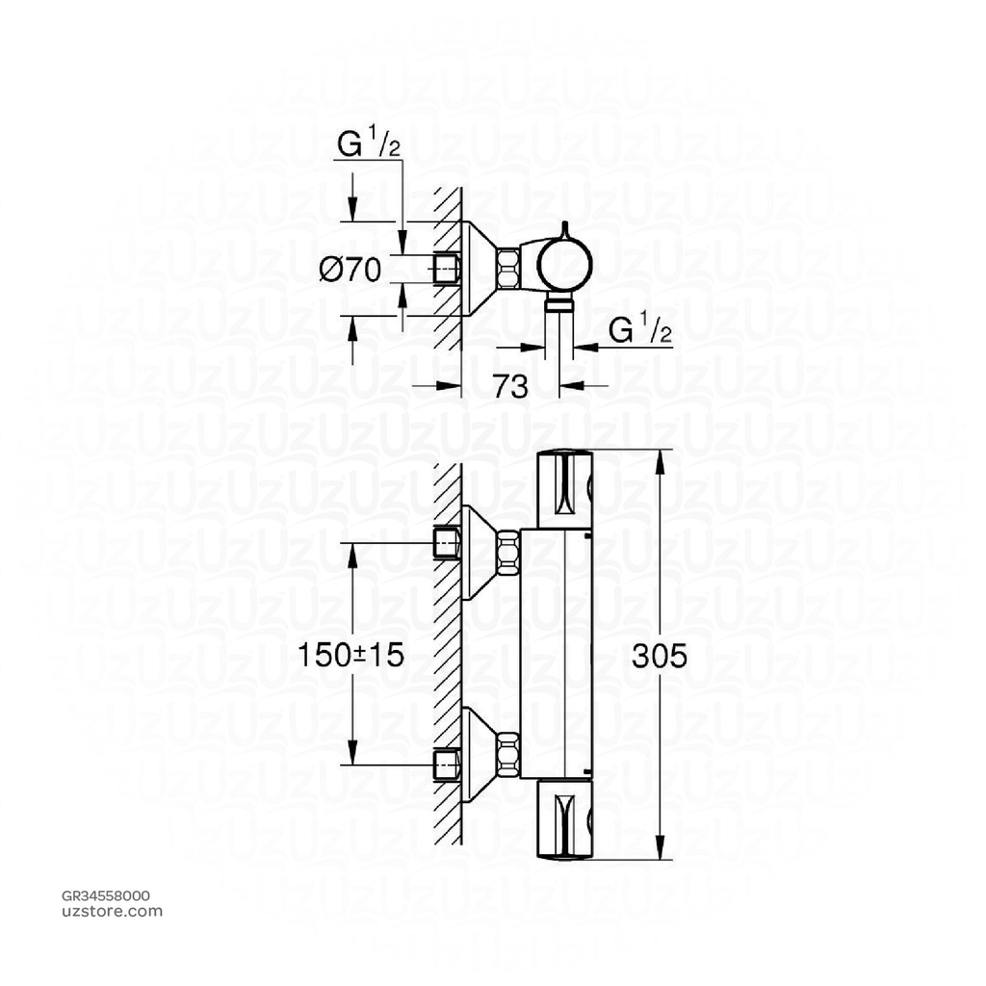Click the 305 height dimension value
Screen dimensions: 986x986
tap(660, 656)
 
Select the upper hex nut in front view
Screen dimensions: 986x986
tap(508, 555)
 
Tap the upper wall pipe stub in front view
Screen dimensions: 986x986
tap(447, 543)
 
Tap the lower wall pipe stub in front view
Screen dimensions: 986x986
tap(447, 763)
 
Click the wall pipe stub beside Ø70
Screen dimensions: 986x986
tap(447, 269)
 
